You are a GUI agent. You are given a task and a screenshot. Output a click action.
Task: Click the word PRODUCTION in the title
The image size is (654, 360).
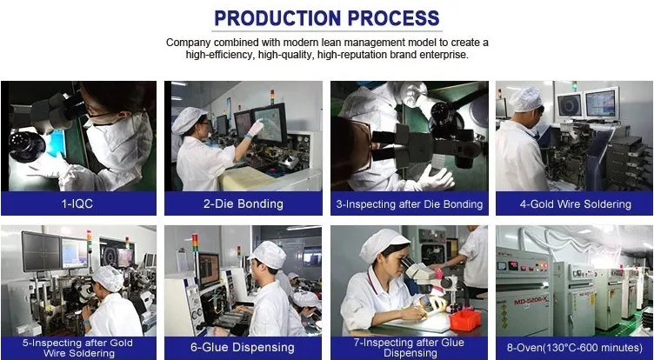pos(277,18)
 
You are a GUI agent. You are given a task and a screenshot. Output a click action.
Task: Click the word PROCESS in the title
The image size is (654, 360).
pos(393,18)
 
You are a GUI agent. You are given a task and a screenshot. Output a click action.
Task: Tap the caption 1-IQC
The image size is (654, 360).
pos(77,204)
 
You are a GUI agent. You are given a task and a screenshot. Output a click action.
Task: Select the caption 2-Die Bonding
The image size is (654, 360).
pos(244,204)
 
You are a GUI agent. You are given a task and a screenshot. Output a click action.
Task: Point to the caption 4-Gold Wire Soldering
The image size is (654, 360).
pos(575,204)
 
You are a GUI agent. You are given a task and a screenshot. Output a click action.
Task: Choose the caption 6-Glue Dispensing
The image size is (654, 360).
pos(243,348)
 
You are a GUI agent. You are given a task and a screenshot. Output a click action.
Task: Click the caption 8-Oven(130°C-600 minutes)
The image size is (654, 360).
pos(575,348)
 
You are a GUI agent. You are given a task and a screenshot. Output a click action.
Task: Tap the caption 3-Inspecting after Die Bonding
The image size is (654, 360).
pos(409,204)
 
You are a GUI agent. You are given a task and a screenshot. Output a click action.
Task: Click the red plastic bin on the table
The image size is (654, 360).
pos(464,320)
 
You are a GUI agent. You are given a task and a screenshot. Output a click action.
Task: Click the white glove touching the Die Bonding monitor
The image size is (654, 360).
pos(255,128)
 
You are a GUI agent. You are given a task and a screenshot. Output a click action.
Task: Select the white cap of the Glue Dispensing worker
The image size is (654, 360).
pos(268,255)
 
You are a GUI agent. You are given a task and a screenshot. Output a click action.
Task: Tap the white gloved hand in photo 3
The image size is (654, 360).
pos(436,177)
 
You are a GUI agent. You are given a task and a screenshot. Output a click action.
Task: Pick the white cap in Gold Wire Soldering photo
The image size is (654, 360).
pos(525,100)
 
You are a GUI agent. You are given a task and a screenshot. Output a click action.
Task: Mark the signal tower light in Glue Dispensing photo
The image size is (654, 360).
pos(195,243)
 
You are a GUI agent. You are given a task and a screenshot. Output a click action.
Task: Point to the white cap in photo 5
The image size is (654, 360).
pos(108,278)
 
